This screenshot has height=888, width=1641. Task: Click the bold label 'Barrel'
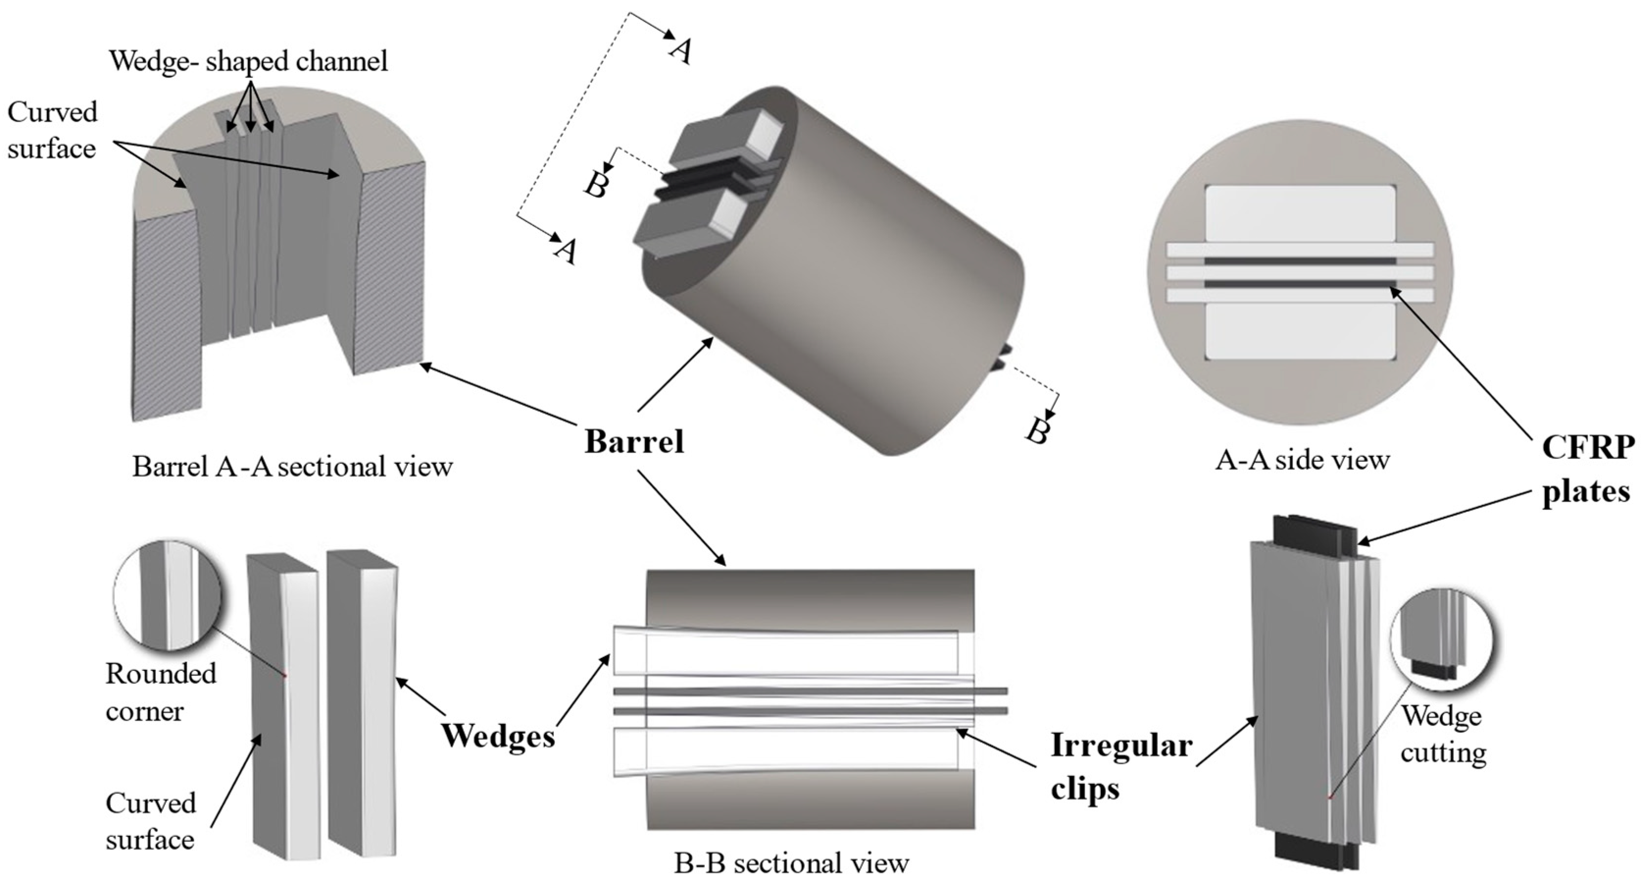point(634,441)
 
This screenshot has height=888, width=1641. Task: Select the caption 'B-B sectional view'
point(792,863)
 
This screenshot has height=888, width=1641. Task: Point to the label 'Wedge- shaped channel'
point(249,62)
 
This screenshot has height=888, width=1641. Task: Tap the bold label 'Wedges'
point(498,736)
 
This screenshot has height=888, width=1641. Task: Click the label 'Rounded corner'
point(161,692)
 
